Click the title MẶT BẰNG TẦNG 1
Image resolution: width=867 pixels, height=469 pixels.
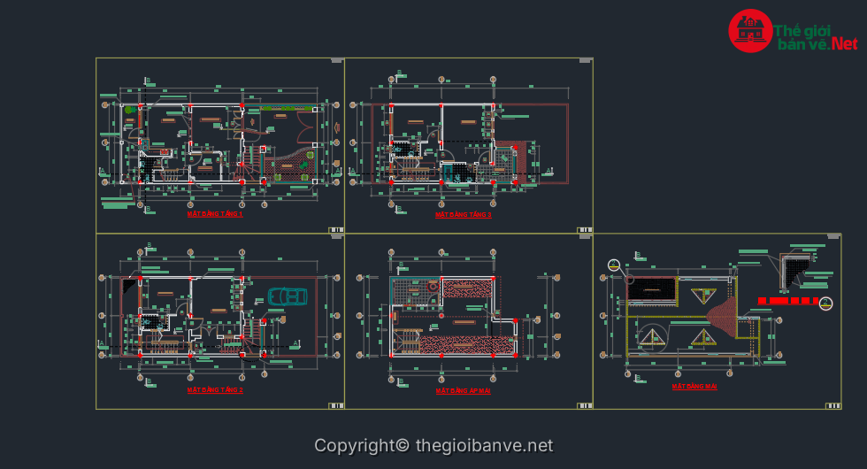[215, 214]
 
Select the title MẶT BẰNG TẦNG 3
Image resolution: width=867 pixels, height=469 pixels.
[463, 214]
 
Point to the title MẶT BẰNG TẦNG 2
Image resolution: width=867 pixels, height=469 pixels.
[215, 389]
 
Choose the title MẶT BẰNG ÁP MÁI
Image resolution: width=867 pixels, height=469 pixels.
[463, 389]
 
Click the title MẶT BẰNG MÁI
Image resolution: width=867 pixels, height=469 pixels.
[694, 387]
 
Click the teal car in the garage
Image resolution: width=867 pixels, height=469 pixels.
[288, 296]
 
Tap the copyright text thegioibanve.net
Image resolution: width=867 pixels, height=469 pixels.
[433, 446]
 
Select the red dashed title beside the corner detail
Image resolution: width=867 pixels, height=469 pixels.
[789, 301]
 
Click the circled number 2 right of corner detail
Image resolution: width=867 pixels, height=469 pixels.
[826, 304]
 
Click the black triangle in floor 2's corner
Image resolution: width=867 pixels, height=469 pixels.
[131, 286]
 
